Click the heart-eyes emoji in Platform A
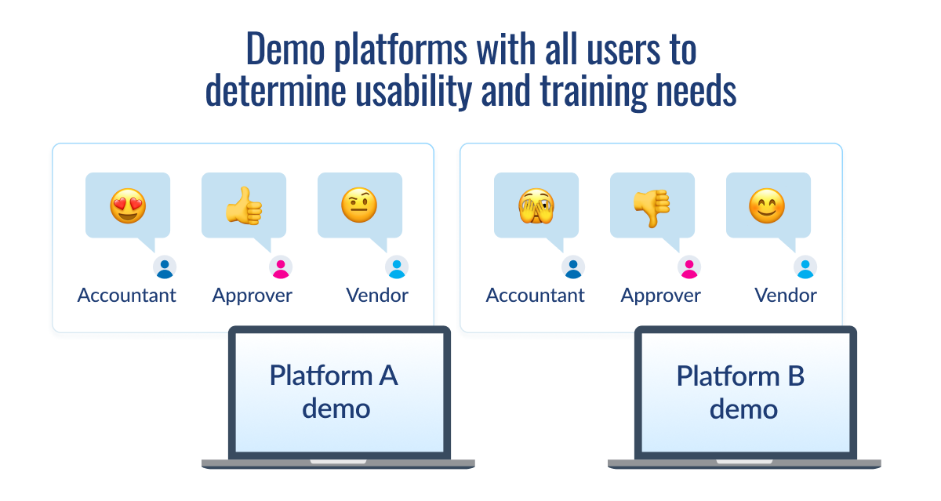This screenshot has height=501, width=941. (x=127, y=206)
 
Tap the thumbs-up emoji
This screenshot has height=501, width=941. (x=243, y=206)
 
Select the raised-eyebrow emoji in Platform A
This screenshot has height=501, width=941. (x=359, y=206)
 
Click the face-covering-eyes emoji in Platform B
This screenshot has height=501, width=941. (x=536, y=206)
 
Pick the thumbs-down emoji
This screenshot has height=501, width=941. (x=652, y=206)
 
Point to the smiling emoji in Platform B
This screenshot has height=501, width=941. (x=768, y=206)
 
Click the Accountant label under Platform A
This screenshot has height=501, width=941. (x=127, y=296)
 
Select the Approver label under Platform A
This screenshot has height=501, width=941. (x=252, y=296)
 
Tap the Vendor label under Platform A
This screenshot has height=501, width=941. (x=377, y=296)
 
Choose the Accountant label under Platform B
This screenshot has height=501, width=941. (x=536, y=296)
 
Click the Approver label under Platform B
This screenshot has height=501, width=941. (x=660, y=296)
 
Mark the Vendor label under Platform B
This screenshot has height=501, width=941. (x=786, y=296)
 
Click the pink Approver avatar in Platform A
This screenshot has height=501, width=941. (x=281, y=268)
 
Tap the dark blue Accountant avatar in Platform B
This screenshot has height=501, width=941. (x=573, y=268)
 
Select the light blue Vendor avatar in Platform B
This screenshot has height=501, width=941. (x=805, y=268)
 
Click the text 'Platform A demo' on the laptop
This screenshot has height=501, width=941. (x=335, y=391)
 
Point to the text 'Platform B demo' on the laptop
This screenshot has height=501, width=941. (x=741, y=391)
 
